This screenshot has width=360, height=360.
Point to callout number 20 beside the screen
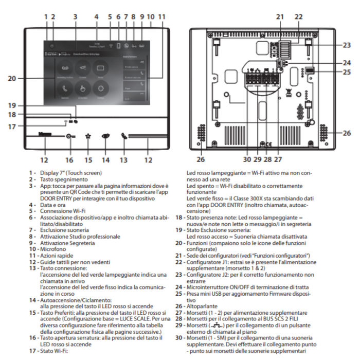[x=12, y=79]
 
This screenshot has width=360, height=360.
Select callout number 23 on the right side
[x=346, y=45]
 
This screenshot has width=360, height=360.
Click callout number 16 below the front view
[x=69, y=152]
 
